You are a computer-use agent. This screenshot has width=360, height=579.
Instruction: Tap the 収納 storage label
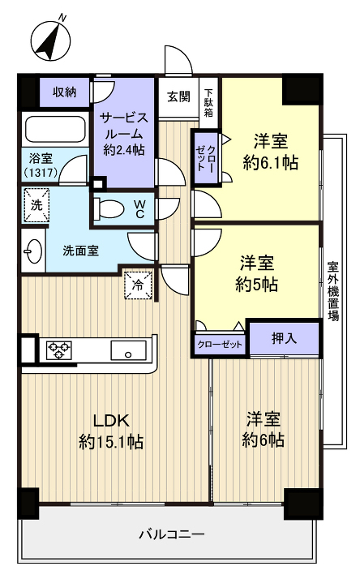click(65, 92)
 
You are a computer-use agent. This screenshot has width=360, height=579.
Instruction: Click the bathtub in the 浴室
click(54, 130)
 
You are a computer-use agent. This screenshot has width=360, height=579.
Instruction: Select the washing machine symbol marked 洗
click(37, 205)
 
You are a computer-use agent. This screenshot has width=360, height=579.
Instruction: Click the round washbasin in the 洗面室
click(33, 250)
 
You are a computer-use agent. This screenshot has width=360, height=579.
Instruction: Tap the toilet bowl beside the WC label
click(109, 209)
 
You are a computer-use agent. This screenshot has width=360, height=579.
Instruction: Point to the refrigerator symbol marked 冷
click(137, 285)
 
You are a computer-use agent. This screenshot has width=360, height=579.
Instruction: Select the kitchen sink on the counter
click(128, 350)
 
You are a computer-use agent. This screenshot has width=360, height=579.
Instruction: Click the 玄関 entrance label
click(178, 97)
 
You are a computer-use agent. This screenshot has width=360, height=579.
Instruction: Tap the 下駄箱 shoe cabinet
click(208, 103)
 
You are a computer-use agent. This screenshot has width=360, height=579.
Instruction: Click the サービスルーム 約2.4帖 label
click(122, 132)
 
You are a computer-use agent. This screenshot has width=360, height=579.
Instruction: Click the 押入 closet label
click(283, 338)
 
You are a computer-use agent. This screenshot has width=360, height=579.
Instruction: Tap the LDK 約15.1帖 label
click(111, 431)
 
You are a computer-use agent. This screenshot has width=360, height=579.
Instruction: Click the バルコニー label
click(171, 534)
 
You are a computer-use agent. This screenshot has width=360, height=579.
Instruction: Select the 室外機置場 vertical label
click(333, 291)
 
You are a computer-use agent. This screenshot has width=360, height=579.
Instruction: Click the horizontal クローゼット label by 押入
click(220, 345)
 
